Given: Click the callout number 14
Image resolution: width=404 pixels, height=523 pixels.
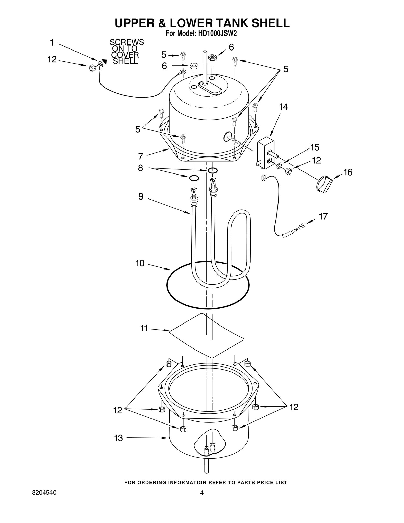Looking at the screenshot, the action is [283, 107].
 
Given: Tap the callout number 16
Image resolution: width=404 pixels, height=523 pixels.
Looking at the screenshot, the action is [348, 172].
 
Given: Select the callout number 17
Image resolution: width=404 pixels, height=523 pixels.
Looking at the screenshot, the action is [323, 216].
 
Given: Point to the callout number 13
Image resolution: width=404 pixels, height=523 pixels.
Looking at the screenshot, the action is [118, 438].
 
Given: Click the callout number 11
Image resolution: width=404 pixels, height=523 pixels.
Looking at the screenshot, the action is [144, 328].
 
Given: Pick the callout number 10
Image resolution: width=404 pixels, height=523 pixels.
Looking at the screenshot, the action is [140, 263].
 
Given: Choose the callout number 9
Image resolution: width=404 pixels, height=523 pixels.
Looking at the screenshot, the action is [141, 196].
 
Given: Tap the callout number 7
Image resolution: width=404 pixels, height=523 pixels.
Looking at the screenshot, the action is [141, 156].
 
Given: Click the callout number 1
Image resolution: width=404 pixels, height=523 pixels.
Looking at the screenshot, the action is [52, 43].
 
